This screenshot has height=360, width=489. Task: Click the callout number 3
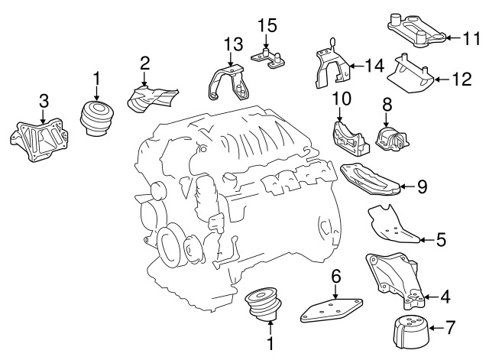(x=44, y=100)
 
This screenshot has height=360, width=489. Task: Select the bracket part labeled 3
(x=38, y=141)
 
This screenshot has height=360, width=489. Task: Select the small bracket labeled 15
(x=270, y=58)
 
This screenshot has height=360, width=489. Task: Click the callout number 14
(x=374, y=67)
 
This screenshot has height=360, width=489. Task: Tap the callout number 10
(x=341, y=99)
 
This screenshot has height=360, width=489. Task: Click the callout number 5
(x=440, y=240)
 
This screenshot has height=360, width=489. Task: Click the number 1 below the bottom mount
(x=269, y=345)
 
